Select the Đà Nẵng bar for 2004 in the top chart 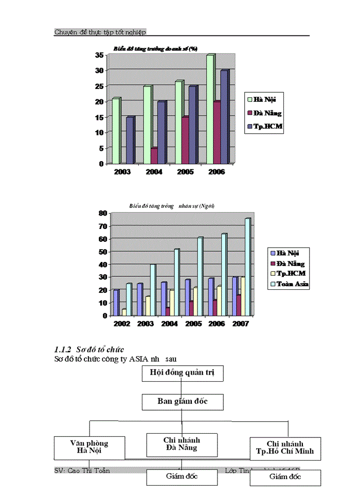[153, 155]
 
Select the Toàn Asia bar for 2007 [247, 268]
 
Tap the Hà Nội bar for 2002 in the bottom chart [116, 303]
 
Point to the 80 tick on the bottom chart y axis [102, 213]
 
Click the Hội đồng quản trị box [183, 373]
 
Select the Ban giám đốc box [183, 401]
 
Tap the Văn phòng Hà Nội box [89, 447]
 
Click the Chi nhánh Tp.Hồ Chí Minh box [285, 449]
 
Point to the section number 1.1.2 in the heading [64, 350]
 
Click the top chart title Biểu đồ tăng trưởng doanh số [153, 49]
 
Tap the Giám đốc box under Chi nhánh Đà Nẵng [182, 477]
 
